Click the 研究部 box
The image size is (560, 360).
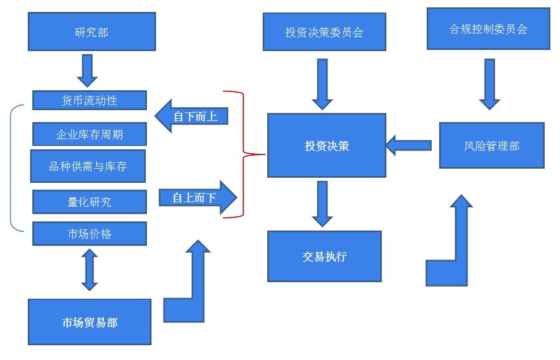[91, 32]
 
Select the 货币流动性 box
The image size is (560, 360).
[90, 101]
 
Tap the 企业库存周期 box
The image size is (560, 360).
[90, 135]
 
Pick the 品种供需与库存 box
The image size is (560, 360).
[88, 166]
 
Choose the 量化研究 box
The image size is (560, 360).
[90, 202]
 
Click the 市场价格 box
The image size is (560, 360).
[90, 233]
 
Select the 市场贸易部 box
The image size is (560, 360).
[90, 322]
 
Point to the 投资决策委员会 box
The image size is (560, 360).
[324, 32]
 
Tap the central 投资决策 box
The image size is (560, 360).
[326, 145]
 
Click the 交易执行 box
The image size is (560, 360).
[324, 256]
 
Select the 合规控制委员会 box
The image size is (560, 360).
[488, 28]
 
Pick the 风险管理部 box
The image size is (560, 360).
[491, 145]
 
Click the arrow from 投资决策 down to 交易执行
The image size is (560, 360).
[322, 203]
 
